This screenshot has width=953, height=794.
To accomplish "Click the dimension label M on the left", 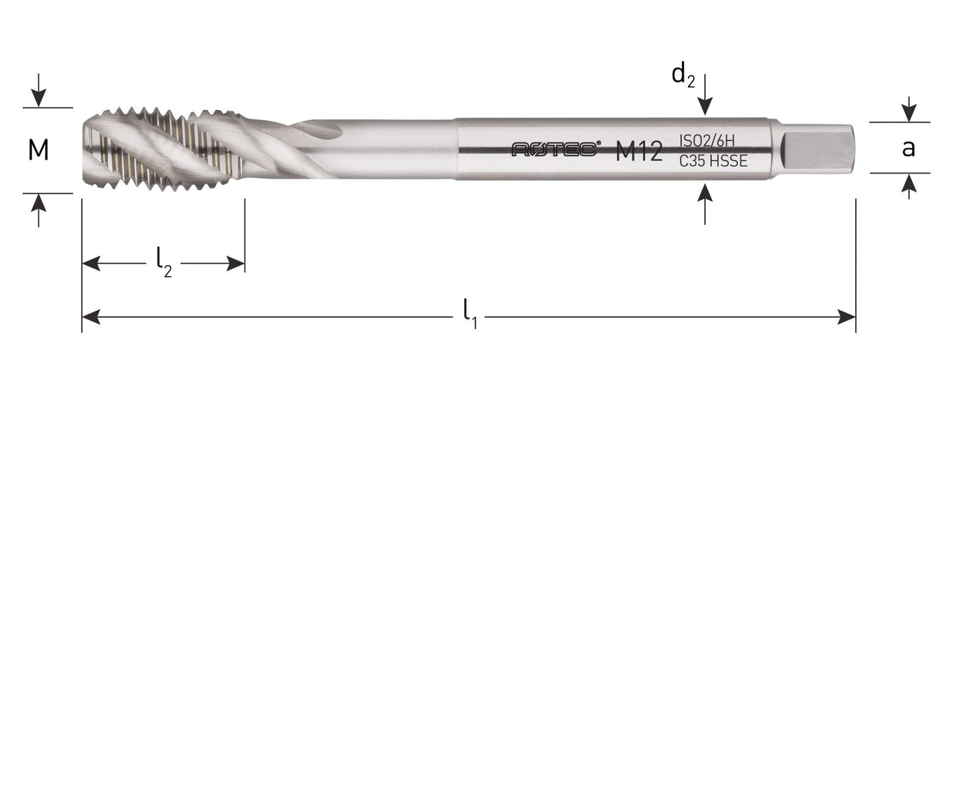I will click(x=38, y=150).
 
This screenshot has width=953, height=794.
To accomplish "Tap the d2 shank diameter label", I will click(x=683, y=75).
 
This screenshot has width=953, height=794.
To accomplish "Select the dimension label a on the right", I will click(x=908, y=148).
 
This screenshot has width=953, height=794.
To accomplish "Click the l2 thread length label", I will click(x=164, y=262).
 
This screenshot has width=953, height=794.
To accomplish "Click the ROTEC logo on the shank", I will click(x=555, y=150).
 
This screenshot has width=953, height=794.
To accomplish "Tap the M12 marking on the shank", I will click(x=638, y=152).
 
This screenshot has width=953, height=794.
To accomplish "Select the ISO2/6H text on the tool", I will click(x=707, y=140).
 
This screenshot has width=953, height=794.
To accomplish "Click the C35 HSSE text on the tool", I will click(x=713, y=161).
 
